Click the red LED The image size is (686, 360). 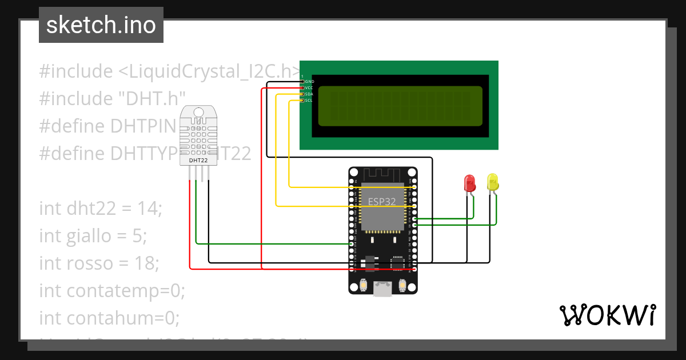(x=469, y=183)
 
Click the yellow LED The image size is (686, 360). (x=493, y=182)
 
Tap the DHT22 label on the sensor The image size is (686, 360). (x=198, y=161)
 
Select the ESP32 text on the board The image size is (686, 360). (x=381, y=201)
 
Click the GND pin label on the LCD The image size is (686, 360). (x=309, y=82)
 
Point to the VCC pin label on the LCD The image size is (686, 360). (x=309, y=88)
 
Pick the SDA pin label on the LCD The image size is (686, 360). (x=309, y=94)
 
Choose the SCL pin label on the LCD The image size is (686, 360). (x=309, y=101)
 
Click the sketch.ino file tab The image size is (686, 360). (x=101, y=25)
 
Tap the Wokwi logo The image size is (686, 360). (x=607, y=315)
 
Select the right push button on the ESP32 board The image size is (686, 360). (x=402, y=285)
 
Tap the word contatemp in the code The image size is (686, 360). (x=115, y=290)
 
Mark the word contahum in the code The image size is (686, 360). (x=111, y=318)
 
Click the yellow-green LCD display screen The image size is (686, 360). (x=400, y=106)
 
